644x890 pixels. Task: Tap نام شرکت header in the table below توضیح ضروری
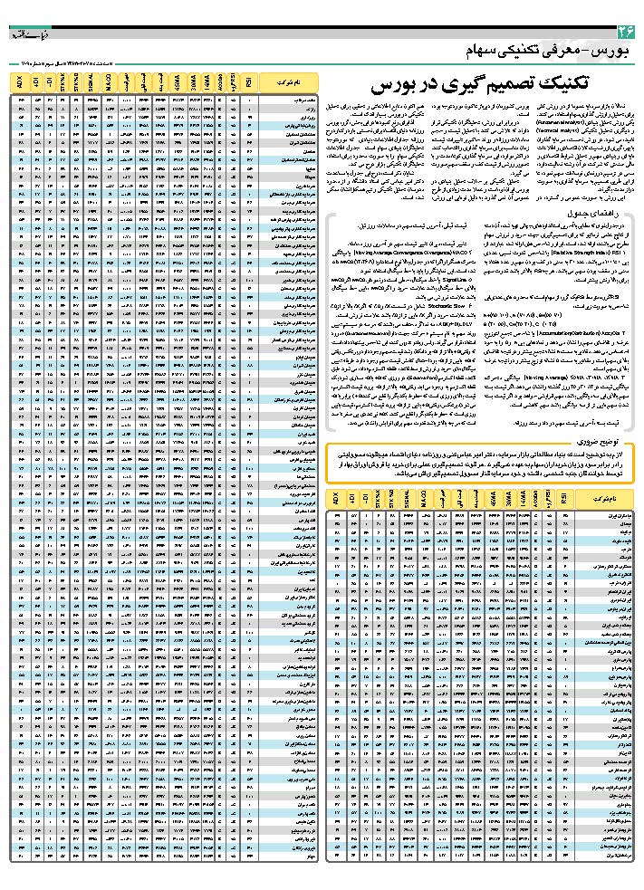[601, 499]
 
